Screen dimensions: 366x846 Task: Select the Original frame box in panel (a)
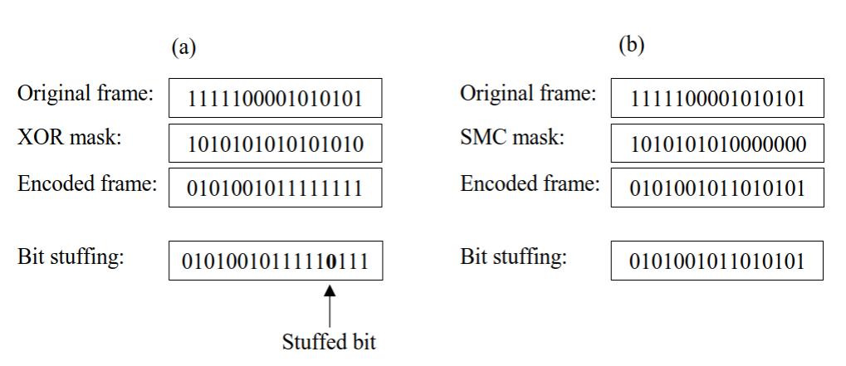pos(276,99)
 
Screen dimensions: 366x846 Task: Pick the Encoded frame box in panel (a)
pos(276,188)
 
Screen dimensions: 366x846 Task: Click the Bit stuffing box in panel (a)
pos(276,261)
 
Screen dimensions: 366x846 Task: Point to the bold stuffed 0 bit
pos(332,261)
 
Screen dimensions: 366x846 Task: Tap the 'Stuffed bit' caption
pos(329,342)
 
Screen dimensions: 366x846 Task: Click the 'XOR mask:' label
pos(70,139)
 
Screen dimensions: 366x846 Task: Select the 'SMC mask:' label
pos(512,139)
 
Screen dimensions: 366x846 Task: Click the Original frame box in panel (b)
pos(717,99)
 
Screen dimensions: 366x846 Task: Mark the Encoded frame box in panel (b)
pos(717,188)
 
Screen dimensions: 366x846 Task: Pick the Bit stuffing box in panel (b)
pos(717,261)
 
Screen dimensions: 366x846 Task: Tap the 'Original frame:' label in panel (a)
pos(86,95)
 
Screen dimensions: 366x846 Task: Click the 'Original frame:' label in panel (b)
pos(528,95)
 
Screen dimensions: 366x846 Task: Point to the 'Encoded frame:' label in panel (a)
pos(87,183)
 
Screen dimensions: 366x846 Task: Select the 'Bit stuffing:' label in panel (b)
pos(513,256)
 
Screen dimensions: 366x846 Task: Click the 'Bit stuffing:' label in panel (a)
pos(71,256)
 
